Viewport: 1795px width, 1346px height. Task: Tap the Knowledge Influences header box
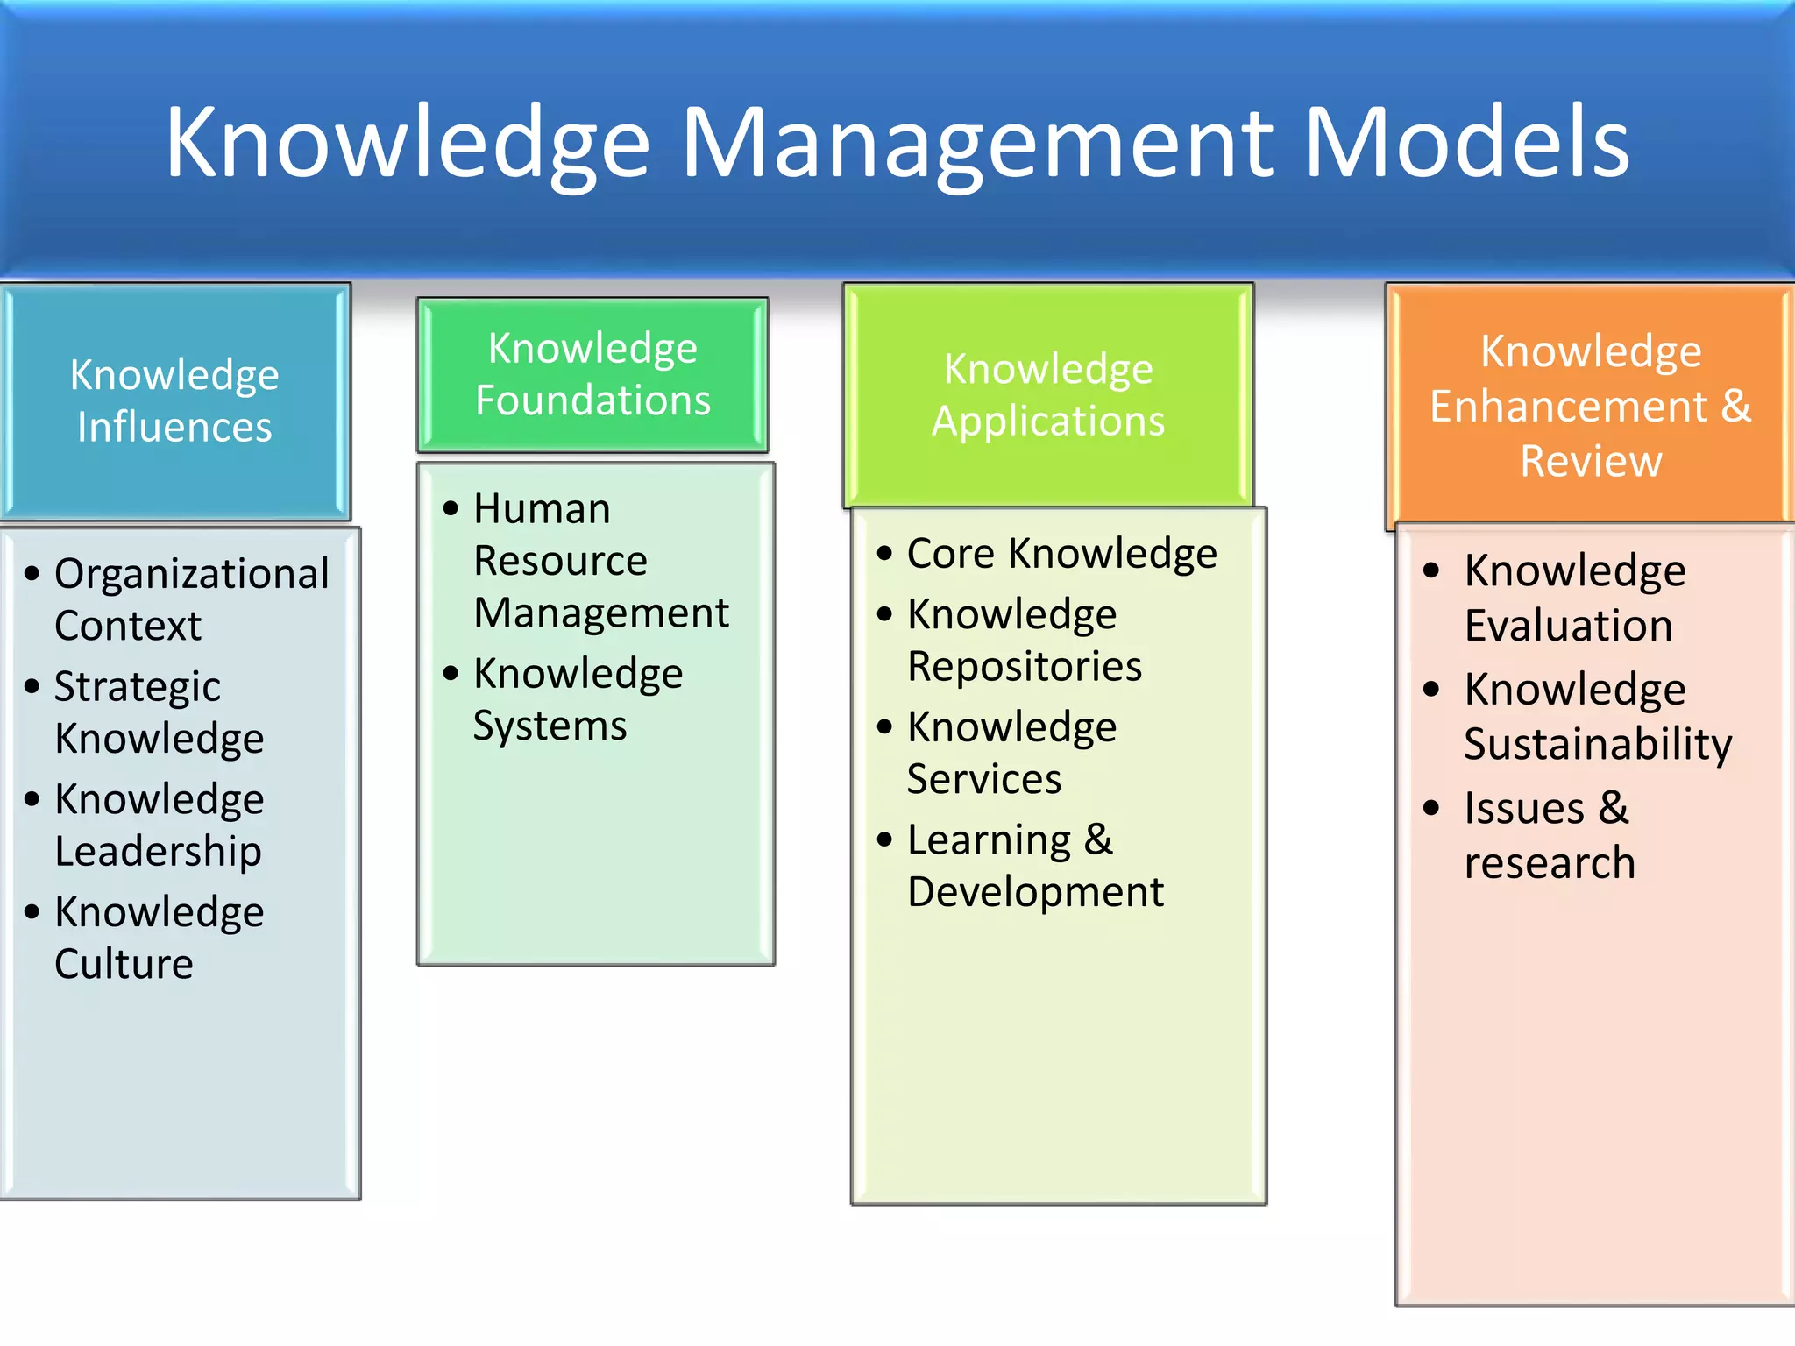(x=174, y=400)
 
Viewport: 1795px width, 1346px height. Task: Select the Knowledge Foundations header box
(x=592, y=374)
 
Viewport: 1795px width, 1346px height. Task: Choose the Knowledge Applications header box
(x=1048, y=394)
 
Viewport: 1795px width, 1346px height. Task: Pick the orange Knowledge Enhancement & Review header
(x=1590, y=405)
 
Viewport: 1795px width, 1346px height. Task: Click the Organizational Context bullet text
(x=191, y=599)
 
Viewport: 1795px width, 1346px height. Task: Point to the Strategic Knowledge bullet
(x=158, y=712)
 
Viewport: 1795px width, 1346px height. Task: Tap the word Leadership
(x=158, y=851)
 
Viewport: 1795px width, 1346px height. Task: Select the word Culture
(x=124, y=964)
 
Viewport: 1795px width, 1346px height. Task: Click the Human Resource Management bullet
(x=600, y=560)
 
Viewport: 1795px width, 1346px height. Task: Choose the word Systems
(x=550, y=726)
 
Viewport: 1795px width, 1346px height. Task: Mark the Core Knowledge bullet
(x=1061, y=554)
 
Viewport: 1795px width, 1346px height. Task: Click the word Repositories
(x=1025, y=666)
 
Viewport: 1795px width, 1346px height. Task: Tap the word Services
(x=983, y=779)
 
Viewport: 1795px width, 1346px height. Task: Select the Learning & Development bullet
(x=1034, y=866)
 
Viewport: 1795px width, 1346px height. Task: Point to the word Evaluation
(x=1568, y=626)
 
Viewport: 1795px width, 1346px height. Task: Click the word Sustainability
(x=1597, y=744)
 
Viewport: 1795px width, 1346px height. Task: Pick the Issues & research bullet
(x=1548, y=834)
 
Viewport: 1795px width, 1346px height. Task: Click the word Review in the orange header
(x=1590, y=461)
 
